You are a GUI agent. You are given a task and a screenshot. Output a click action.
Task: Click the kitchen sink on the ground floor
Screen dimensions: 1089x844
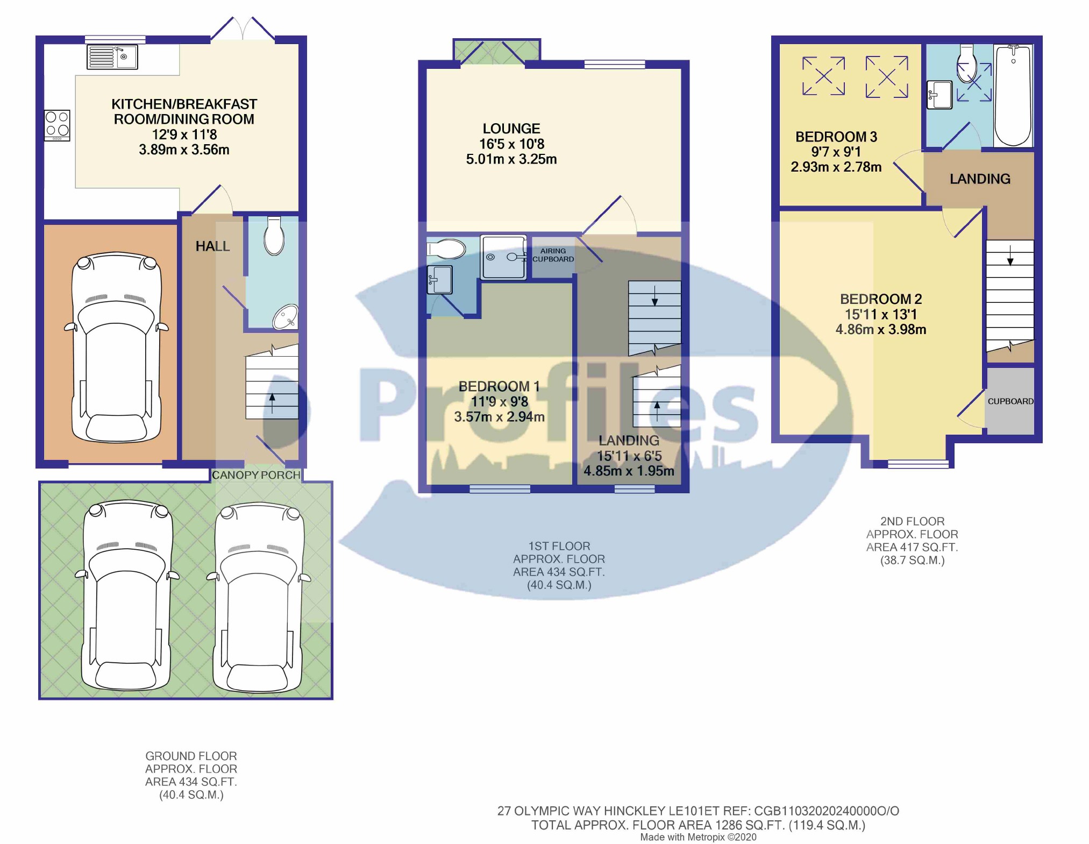pos(112,57)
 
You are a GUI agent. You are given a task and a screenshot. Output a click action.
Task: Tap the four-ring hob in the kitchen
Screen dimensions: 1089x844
pos(57,125)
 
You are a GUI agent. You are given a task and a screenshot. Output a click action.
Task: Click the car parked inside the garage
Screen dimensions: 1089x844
pos(116,347)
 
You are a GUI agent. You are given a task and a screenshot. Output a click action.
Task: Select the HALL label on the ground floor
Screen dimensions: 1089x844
pos(212,246)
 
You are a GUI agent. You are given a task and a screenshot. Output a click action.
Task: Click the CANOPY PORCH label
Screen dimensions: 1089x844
pos(256,475)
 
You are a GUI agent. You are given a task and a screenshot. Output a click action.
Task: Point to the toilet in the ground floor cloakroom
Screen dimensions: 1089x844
pos(274,236)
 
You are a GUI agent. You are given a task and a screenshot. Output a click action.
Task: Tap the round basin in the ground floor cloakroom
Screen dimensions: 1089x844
pos(285,317)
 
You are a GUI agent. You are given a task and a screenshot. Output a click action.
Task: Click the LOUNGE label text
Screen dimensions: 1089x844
pos(511,129)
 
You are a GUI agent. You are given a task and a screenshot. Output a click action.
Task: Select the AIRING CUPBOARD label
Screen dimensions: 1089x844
pos(553,255)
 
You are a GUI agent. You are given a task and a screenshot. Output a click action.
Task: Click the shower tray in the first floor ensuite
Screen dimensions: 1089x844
pos(504,257)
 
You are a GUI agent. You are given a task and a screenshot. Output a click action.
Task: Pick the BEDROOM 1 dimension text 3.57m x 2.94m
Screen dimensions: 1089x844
pos(500,417)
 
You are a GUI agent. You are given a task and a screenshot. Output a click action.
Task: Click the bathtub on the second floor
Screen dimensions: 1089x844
pos(1013,95)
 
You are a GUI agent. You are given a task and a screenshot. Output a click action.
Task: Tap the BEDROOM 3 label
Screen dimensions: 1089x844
pos(836,137)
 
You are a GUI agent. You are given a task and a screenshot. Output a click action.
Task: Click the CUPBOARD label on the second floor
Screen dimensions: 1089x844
pos(1010,401)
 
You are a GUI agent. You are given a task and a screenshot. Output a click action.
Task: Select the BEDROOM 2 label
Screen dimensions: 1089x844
pos(881,299)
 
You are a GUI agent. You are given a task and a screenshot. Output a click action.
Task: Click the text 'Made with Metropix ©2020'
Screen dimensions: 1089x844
pos(698,837)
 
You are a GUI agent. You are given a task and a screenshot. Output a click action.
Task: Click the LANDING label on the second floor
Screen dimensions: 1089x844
pos(980,179)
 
